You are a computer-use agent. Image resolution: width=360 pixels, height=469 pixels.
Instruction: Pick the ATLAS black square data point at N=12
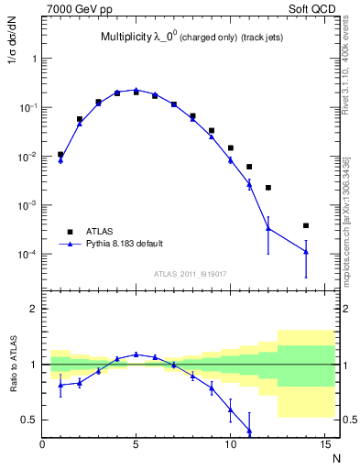pyautogui.click(x=268, y=188)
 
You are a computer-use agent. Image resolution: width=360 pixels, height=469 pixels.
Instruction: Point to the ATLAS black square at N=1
pyautogui.click(x=60, y=155)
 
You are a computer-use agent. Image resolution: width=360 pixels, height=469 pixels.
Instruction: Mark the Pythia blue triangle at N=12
pyautogui.click(x=268, y=228)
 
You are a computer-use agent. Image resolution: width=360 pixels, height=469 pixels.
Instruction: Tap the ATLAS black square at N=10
pyautogui.click(x=231, y=147)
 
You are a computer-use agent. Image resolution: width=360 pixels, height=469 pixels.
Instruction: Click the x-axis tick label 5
pyautogui.click(x=136, y=444)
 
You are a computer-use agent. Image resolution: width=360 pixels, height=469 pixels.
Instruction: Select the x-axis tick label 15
pyautogui.click(x=323, y=444)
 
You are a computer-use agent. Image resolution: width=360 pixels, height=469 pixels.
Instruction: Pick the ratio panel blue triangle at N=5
pyautogui.click(x=136, y=354)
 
